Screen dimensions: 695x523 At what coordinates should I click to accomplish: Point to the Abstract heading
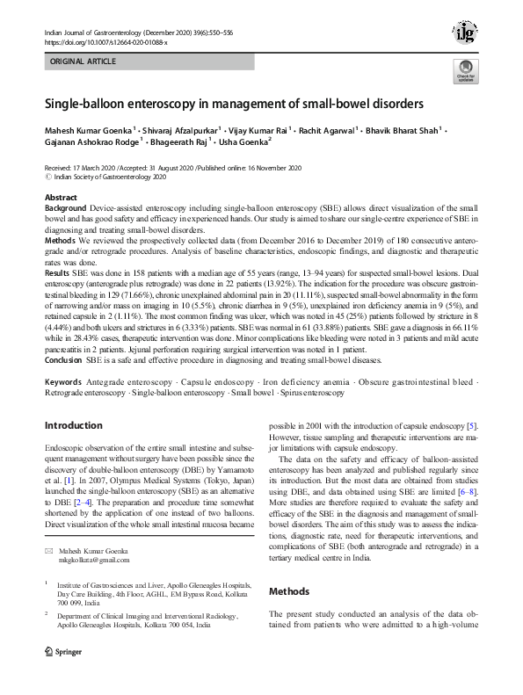point(61,198)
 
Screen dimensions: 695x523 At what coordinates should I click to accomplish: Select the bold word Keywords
point(63,383)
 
